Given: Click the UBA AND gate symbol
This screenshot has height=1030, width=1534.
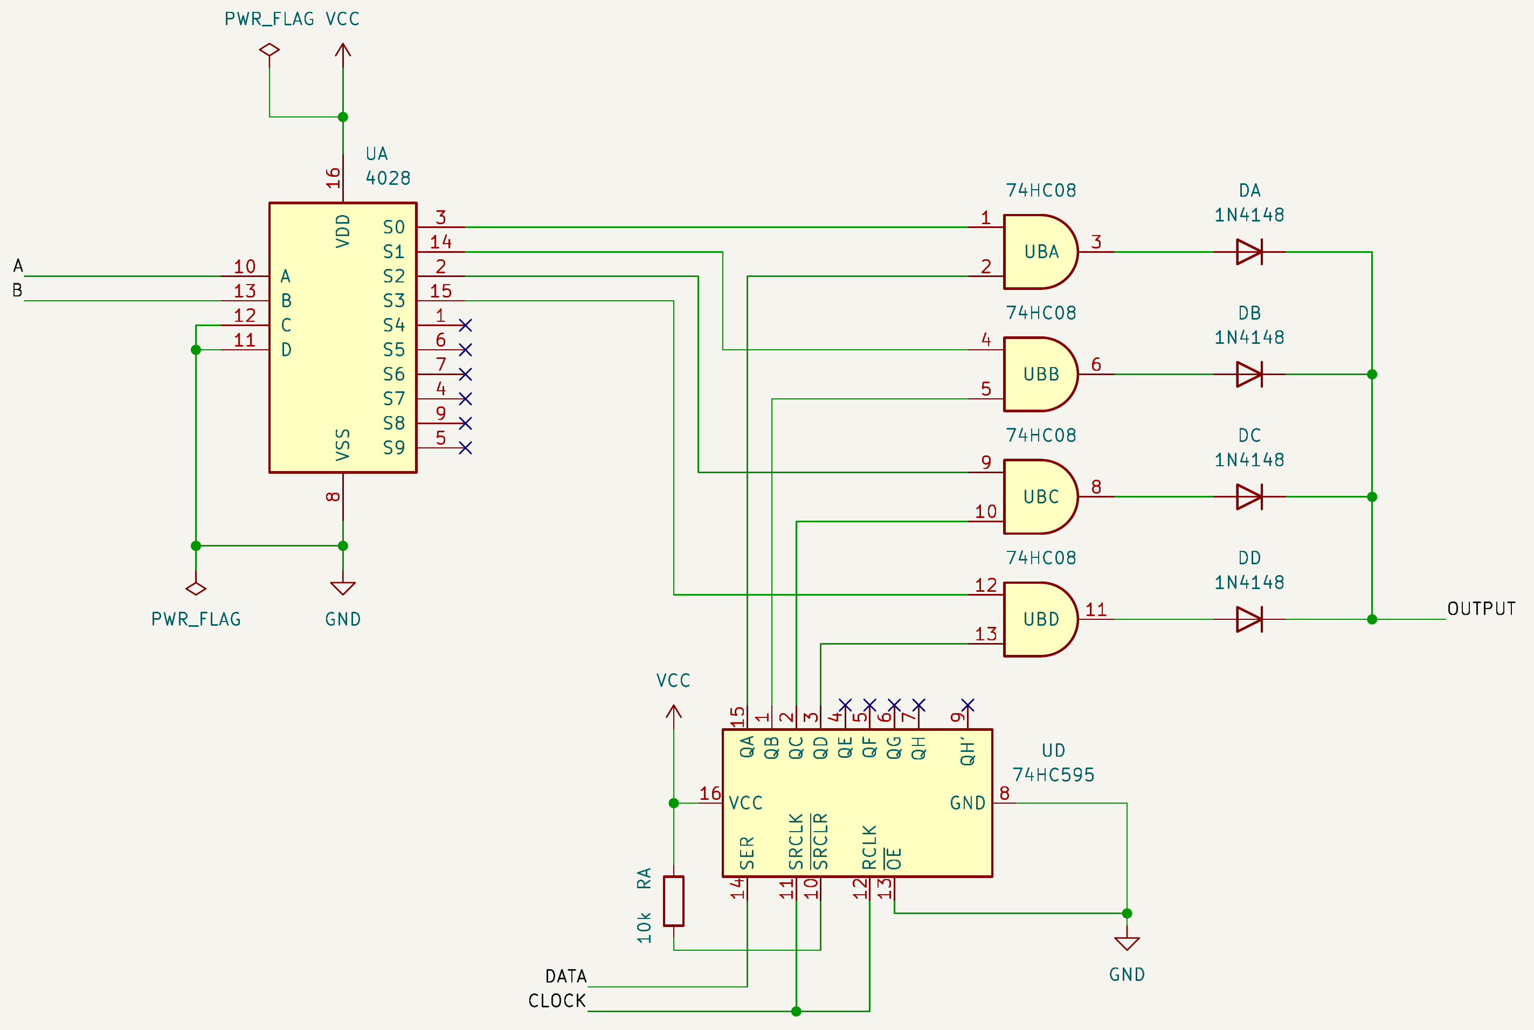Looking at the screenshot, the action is point(1041,252).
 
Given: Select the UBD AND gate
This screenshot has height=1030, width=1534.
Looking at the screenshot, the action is point(1041,619).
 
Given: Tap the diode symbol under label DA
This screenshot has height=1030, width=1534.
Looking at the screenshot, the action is point(1249,252).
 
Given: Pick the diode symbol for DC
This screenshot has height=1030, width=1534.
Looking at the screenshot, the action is point(1249,496).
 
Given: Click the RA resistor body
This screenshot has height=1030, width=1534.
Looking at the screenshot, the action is point(673,901).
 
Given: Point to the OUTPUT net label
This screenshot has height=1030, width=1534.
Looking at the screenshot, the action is point(1481,609).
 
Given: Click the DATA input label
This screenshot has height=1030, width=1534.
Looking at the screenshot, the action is point(565,976).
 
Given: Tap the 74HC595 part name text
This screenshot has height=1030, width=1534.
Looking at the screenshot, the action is point(1053,775).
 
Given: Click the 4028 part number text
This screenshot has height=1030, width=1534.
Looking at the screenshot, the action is point(388,178).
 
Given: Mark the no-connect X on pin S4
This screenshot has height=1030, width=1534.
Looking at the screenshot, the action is point(465,325).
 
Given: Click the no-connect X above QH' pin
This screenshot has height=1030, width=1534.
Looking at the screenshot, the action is point(967,705).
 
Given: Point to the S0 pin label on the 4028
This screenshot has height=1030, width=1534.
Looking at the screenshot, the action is point(393,227).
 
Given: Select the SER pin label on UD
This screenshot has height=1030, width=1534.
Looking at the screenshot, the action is point(747,853).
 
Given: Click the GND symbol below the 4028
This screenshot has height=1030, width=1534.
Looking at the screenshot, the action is point(342,588).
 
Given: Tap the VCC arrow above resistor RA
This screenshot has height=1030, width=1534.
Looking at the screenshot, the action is point(673,712).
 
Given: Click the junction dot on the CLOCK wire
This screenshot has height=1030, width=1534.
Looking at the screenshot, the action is point(796,1011).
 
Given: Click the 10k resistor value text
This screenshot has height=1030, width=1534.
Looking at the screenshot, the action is point(644,928).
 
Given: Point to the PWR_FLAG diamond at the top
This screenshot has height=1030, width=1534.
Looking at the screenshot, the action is point(270,49).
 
